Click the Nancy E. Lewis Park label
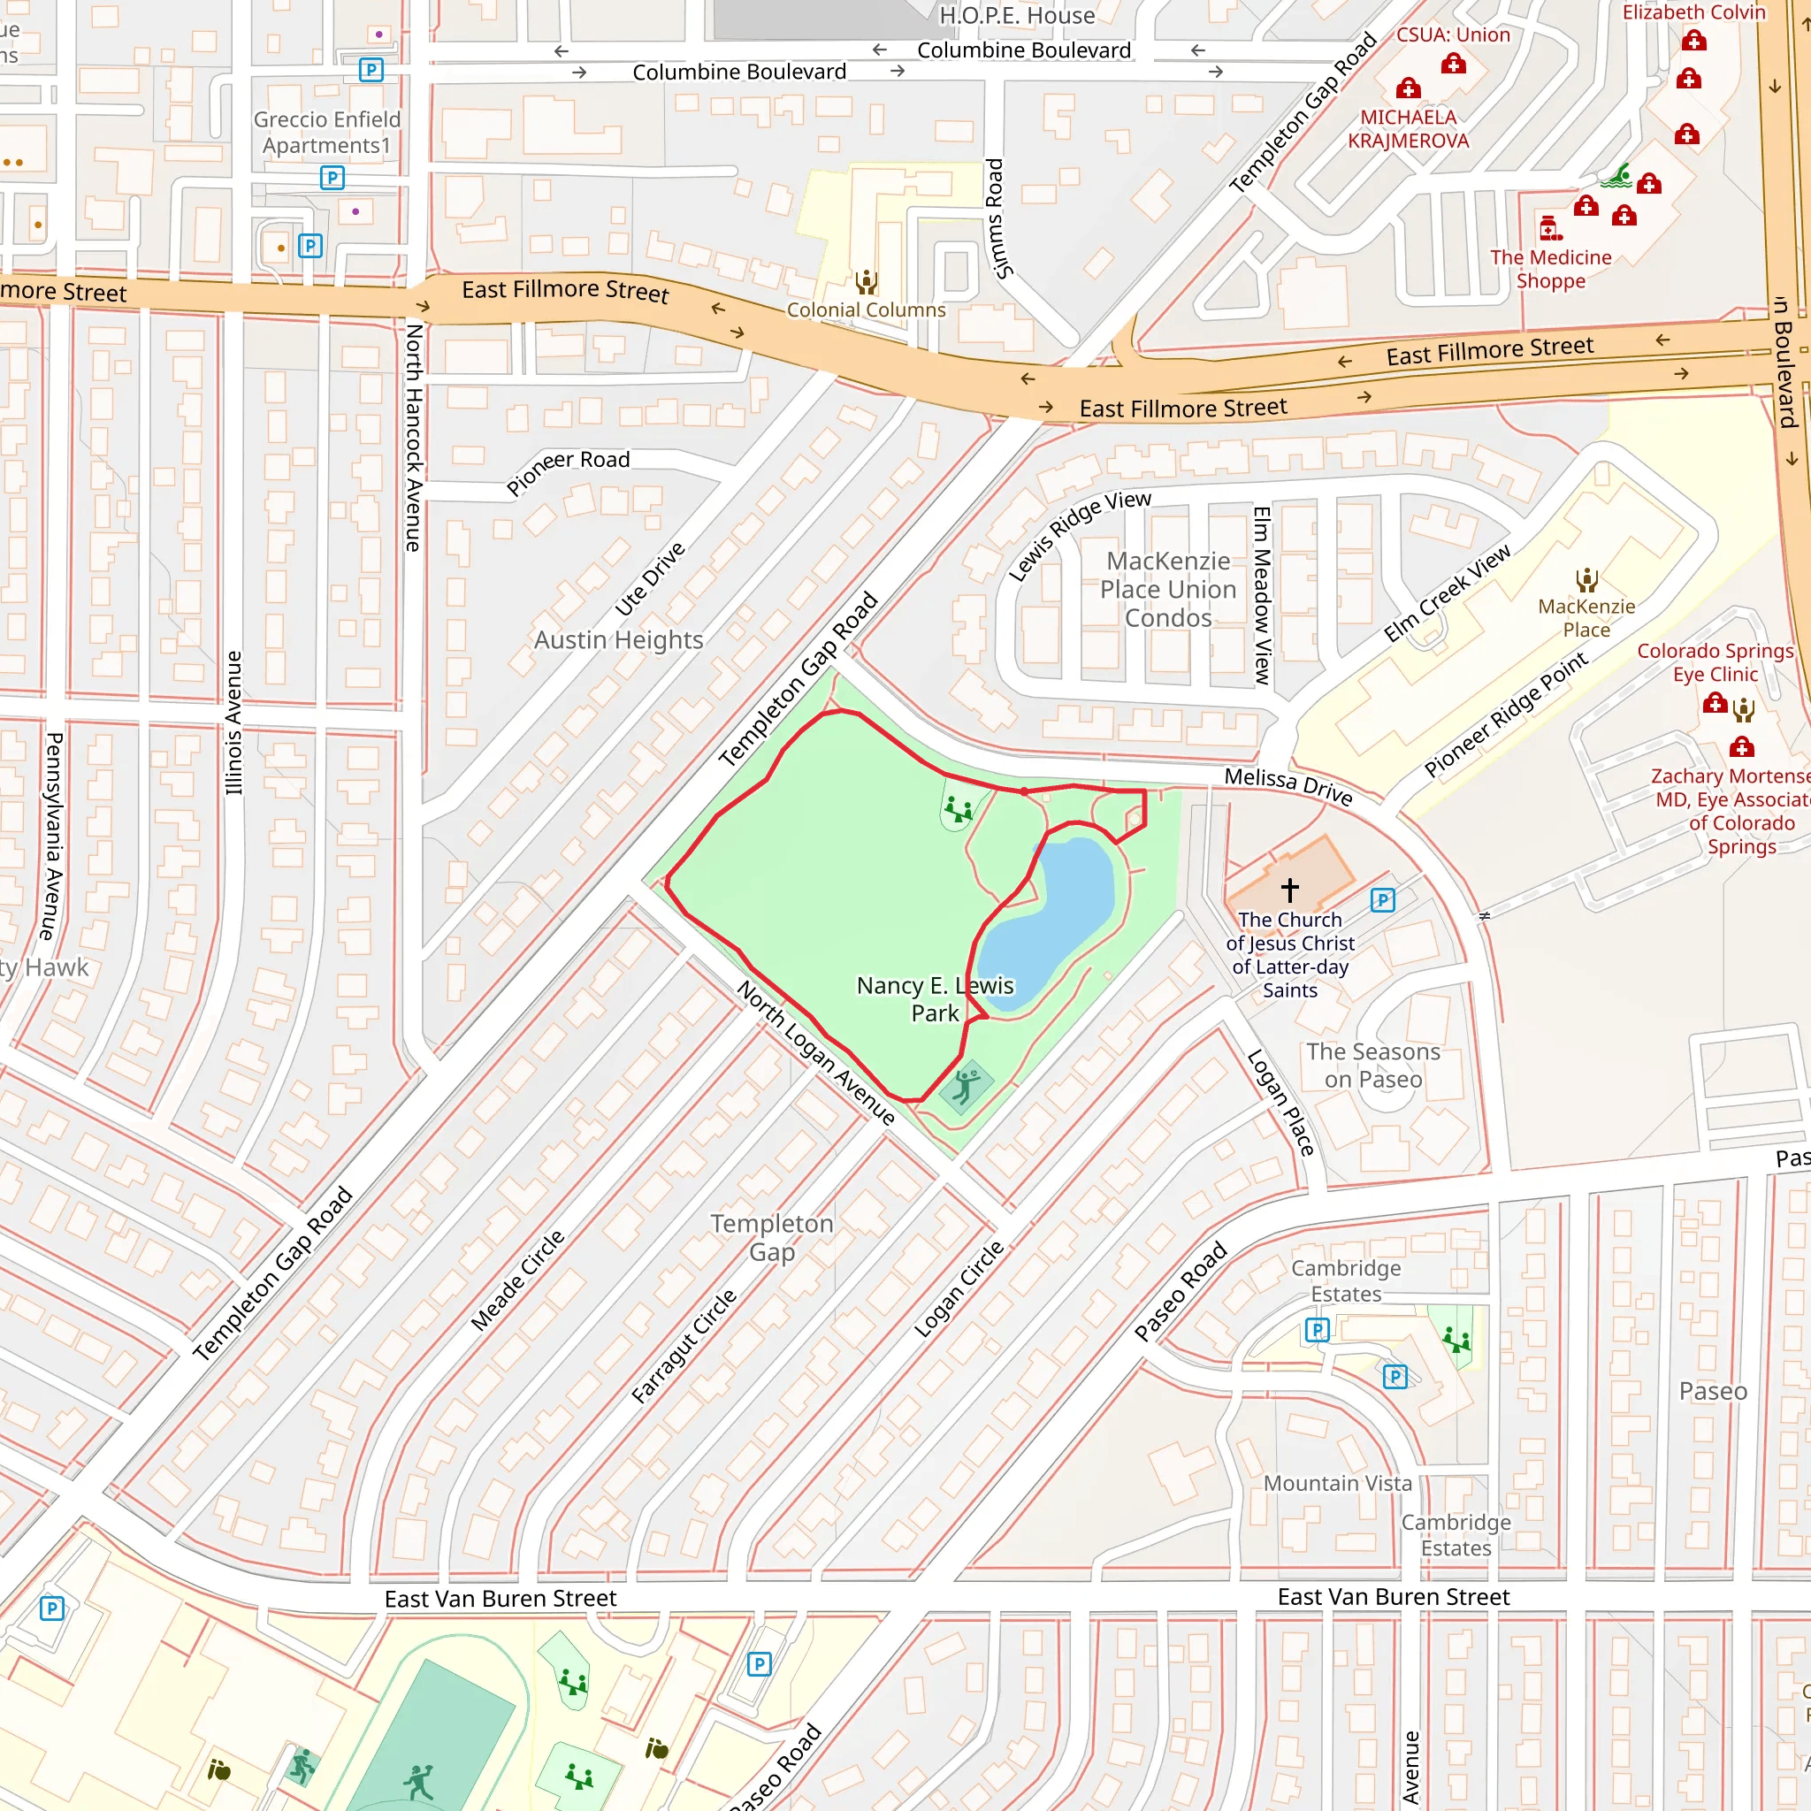click(x=935, y=998)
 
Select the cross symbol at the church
click(x=1290, y=889)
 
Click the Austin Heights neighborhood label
click(x=619, y=640)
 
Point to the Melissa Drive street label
click(x=1288, y=785)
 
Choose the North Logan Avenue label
click(x=814, y=1052)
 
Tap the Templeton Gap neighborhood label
click(x=771, y=1237)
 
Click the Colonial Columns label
click(x=866, y=310)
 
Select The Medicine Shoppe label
click(x=1550, y=269)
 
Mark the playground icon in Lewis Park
click(x=958, y=809)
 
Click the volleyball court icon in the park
click(x=967, y=1088)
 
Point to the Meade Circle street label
click(x=517, y=1280)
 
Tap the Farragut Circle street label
click(x=684, y=1346)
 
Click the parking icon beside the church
click(x=1383, y=900)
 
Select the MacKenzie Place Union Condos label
click(x=1168, y=590)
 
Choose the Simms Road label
click(x=997, y=218)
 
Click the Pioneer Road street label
click(x=568, y=470)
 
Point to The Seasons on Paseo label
click(x=1373, y=1066)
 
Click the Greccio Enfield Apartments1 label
click(x=326, y=132)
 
